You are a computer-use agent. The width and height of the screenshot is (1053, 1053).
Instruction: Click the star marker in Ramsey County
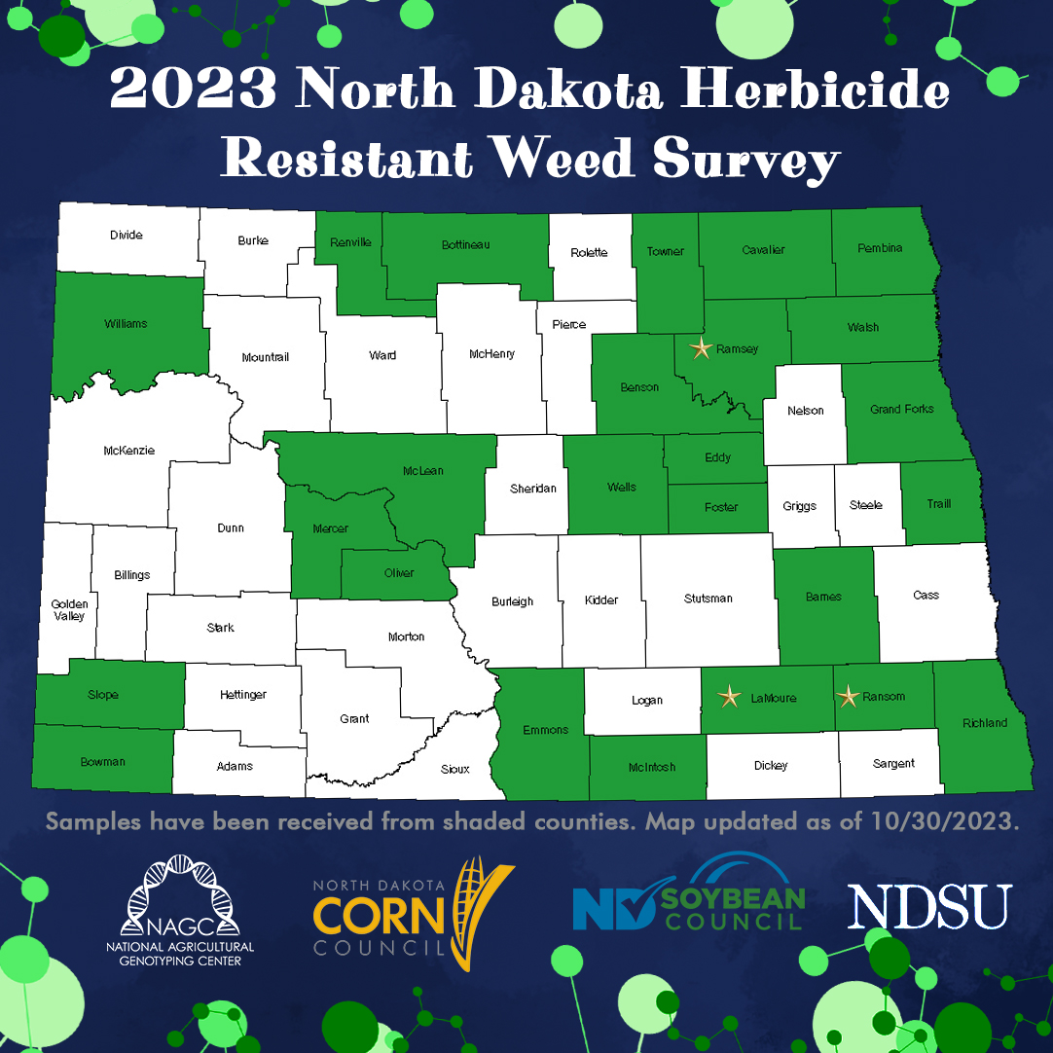coord(702,348)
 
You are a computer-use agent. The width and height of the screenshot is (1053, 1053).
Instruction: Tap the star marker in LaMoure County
coord(729,696)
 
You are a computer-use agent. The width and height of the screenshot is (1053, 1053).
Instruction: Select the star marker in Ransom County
coord(849,696)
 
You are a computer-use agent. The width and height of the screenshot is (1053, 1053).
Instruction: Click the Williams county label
coord(126,323)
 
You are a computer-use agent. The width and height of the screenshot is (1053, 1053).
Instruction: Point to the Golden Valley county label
coord(69,610)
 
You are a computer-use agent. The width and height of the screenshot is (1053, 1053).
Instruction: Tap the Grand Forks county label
coord(901,410)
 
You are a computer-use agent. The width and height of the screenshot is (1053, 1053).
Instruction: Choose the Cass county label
coord(926,595)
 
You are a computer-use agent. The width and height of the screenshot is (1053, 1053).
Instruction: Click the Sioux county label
coord(455,769)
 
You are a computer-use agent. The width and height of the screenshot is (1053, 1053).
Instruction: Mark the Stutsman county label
coord(708,599)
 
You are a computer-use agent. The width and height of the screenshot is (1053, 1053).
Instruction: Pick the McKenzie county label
coord(128,451)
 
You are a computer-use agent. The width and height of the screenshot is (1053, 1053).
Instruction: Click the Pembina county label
coord(880,248)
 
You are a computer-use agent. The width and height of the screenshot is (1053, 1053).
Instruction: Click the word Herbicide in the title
coord(813,91)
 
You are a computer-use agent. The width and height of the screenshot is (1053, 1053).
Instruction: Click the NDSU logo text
coord(929,906)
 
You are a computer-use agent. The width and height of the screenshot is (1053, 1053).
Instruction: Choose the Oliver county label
coord(399,573)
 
